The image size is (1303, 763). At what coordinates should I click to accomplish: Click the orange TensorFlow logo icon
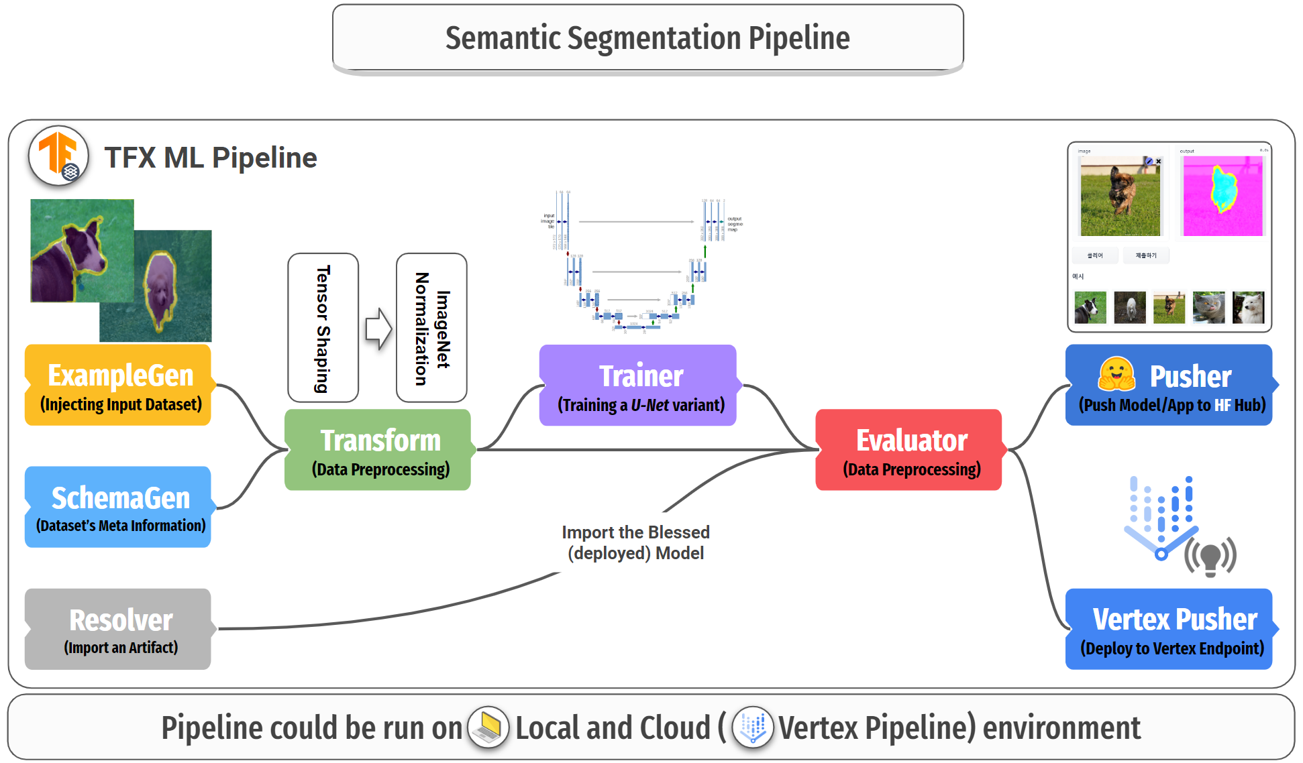58,155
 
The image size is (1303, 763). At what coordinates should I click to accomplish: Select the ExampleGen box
119,386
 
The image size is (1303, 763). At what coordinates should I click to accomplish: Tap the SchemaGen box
119,508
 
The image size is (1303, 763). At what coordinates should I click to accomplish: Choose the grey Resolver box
119,630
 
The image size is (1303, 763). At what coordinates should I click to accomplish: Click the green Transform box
378,450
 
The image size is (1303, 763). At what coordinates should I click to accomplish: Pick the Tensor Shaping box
323,328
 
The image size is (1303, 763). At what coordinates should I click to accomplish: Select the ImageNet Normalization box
431,328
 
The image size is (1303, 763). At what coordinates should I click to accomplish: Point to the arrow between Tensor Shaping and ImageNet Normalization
378,329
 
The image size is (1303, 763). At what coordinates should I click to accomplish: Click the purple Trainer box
639,386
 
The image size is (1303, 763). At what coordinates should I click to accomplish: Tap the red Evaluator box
909,450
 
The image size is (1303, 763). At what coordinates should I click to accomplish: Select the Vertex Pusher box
1169,630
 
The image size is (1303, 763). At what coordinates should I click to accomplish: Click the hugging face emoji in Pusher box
1116,374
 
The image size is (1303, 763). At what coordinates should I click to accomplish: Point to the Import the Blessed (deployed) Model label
635,542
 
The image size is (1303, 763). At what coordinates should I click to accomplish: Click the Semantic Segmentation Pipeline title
647,38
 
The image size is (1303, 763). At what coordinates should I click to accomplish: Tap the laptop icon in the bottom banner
488,727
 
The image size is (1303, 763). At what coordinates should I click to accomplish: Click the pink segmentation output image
1222,196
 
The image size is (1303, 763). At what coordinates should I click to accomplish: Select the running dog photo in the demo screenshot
1120,196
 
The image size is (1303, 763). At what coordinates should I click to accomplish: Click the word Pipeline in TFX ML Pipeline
264,158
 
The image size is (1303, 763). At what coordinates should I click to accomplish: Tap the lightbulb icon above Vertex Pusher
1210,557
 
